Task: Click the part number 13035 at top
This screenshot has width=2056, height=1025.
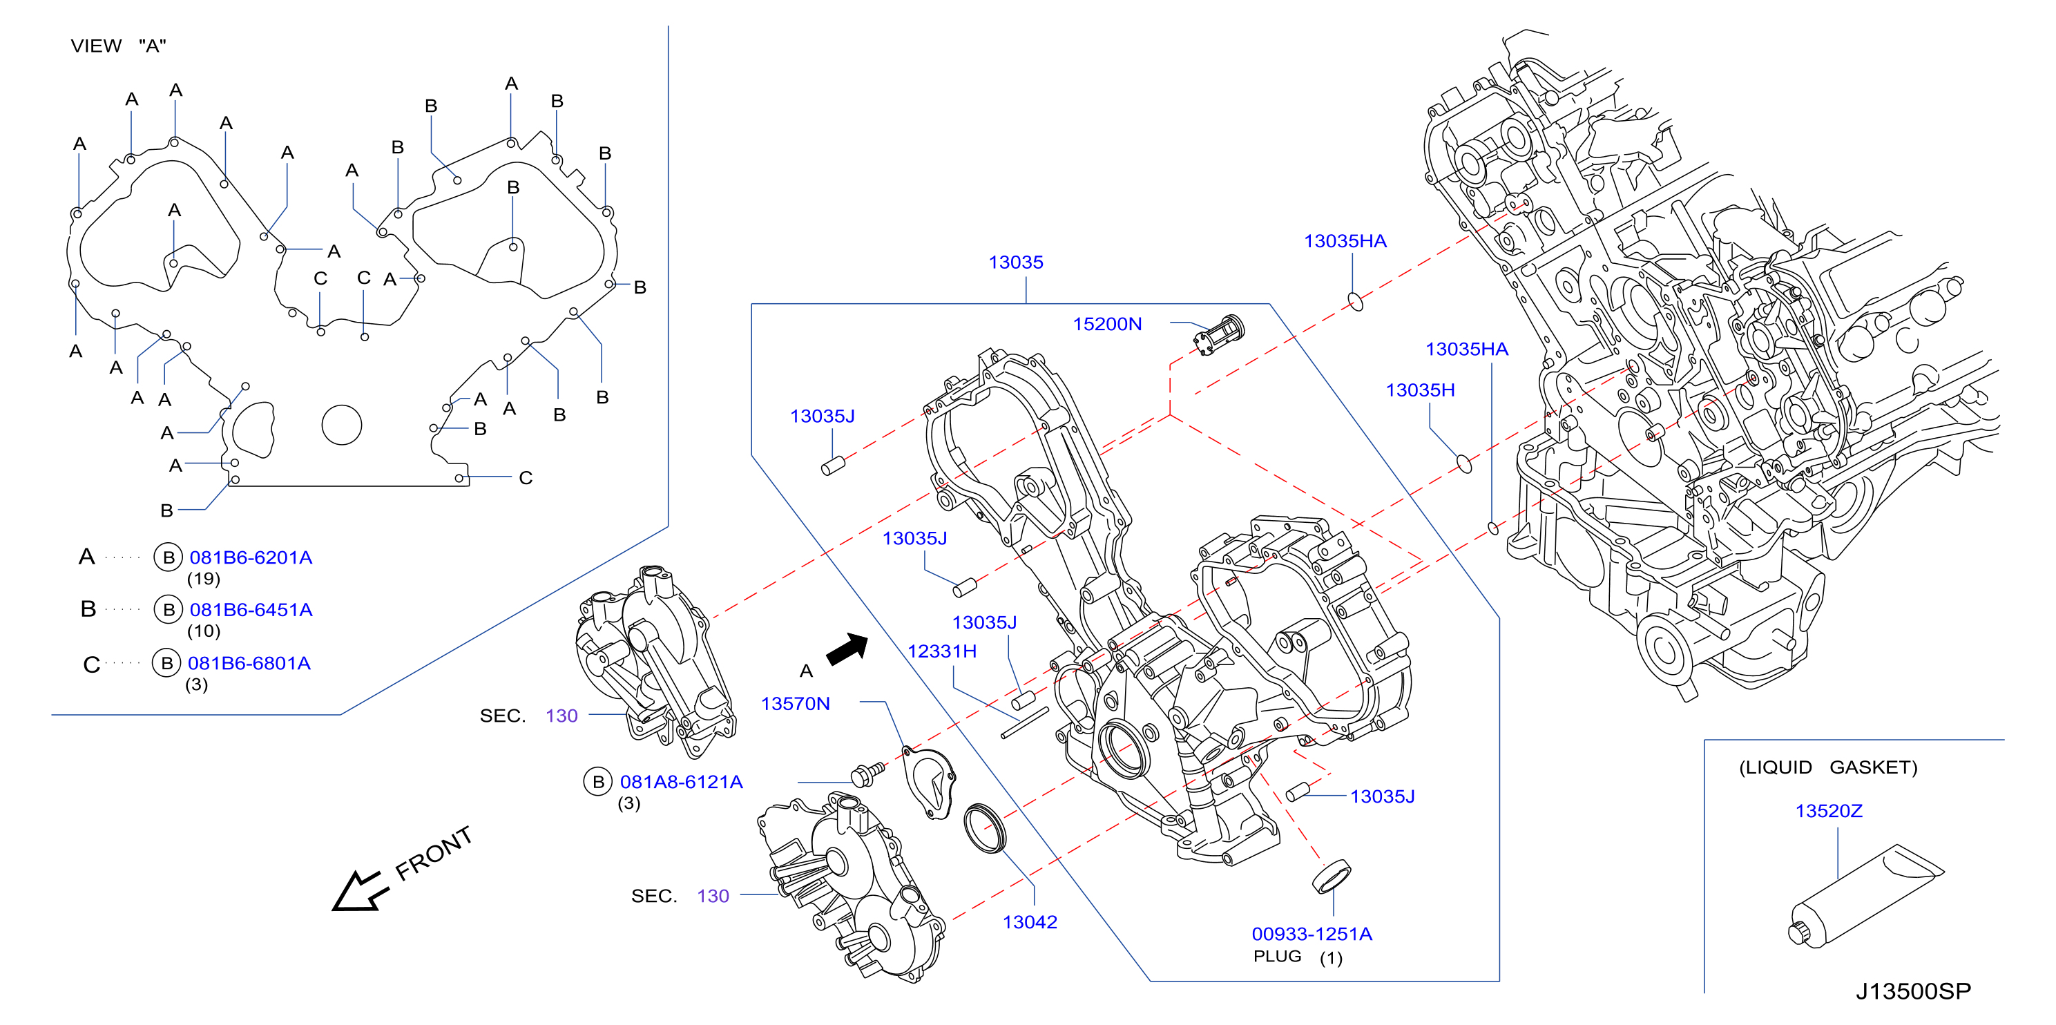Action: (1015, 262)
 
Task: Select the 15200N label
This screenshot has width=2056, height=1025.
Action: (1107, 324)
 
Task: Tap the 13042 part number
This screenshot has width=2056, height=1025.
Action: (1030, 922)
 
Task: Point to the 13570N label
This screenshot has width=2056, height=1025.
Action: (795, 703)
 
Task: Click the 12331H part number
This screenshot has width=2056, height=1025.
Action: (942, 651)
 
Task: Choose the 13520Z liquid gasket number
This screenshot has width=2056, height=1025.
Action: (1829, 811)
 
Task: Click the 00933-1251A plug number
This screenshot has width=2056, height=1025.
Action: (1312, 934)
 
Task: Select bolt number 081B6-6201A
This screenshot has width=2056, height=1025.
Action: (251, 558)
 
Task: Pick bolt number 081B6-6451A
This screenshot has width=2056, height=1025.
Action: (251, 610)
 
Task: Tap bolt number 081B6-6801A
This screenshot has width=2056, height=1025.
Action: (249, 663)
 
